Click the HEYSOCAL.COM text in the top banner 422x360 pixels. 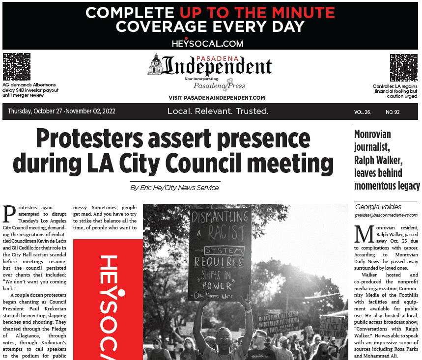click(207, 43)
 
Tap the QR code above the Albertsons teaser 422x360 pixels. click(17, 68)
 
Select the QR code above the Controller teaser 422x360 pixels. click(403, 68)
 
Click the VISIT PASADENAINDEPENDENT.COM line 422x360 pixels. click(217, 98)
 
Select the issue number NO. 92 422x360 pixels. click(393, 112)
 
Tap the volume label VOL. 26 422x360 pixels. click(362, 112)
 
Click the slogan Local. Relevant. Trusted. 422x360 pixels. click(218, 111)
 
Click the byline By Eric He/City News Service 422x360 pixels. click(174, 188)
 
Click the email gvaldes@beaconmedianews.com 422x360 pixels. click(386, 215)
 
